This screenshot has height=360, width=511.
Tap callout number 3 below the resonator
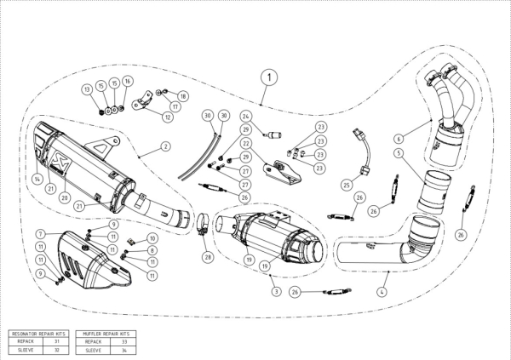pyautogui.click(x=276, y=291)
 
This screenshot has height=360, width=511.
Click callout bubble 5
pyautogui.click(x=398, y=152)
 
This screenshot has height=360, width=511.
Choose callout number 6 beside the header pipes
pyautogui.click(x=398, y=138)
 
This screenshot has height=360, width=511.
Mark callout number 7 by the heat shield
pyautogui.click(x=40, y=233)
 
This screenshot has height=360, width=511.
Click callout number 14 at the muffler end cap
pyautogui.click(x=37, y=180)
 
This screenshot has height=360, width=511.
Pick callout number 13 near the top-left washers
pyautogui.click(x=87, y=89)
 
